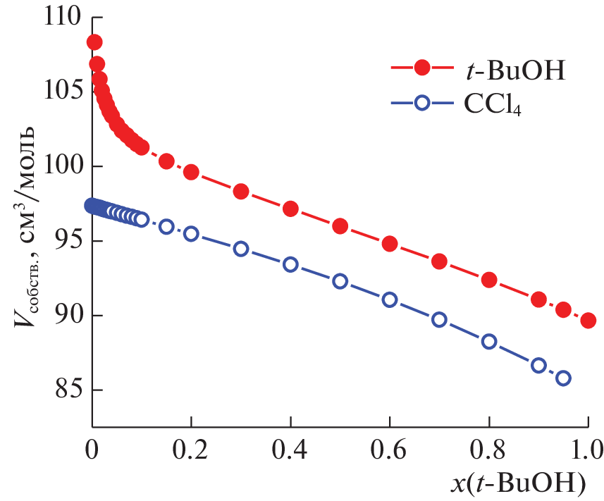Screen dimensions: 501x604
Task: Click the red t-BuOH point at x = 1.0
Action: [x=588, y=321]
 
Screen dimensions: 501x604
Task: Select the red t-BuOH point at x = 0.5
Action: [x=340, y=226]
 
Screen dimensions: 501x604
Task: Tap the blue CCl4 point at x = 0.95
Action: [x=563, y=378]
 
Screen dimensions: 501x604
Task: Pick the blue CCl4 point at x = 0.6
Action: [x=390, y=299]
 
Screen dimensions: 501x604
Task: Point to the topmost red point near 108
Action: [x=94, y=42]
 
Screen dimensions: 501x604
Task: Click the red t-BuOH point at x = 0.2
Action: [x=191, y=172]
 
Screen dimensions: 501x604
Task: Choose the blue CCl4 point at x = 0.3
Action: [x=241, y=249]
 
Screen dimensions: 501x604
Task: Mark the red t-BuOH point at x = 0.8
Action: [x=489, y=280]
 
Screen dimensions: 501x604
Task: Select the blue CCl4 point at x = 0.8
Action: [x=489, y=342]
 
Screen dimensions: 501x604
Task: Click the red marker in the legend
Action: [x=422, y=68]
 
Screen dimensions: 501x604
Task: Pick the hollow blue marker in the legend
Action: [x=422, y=103]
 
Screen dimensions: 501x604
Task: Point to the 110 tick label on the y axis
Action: [x=61, y=18]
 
